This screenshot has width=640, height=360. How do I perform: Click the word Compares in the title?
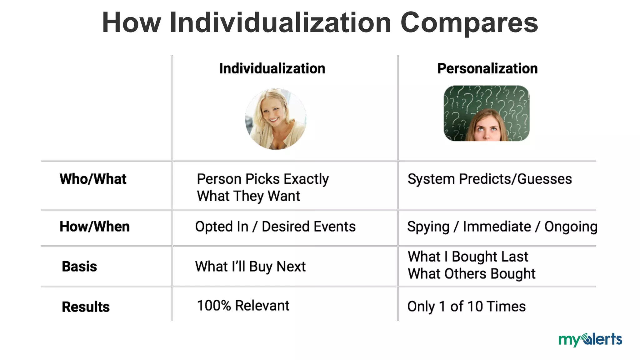(469, 22)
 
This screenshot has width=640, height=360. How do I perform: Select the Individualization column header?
(272, 68)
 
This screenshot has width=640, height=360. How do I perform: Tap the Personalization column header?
(487, 68)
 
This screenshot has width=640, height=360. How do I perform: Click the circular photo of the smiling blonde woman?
(276, 119)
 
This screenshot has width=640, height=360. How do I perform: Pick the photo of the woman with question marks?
(487, 113)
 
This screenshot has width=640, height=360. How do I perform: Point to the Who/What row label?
(93, 179)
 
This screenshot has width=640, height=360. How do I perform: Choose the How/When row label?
(94, 227)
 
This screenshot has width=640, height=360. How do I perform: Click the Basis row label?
(79, 267)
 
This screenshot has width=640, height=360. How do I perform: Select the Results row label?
(86, 307)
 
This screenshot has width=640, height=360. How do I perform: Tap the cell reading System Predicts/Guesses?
(489, 179)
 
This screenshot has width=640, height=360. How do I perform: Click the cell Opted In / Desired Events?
(275, 227)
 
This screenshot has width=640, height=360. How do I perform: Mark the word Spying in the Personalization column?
(428, 227)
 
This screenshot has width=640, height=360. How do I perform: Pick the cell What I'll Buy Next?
(250, 267)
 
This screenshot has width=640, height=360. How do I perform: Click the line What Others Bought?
(471, 274)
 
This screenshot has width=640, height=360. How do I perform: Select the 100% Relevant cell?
(243, 306)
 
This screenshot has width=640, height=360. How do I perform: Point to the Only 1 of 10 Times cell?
(466, 307)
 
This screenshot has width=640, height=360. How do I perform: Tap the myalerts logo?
(590, 339)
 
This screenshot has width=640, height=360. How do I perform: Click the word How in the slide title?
(131, 22)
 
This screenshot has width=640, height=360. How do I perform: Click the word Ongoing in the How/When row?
(571, 227)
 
